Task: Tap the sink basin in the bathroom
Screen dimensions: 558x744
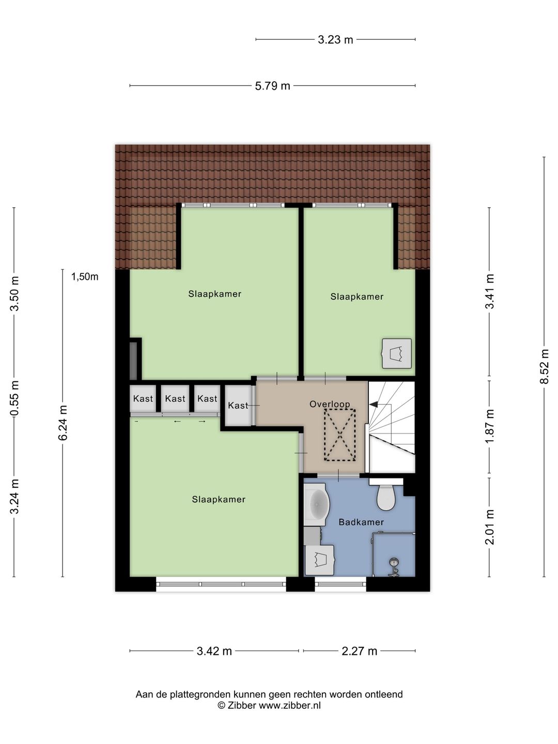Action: (316, 504)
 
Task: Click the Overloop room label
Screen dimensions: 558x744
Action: (330, 404)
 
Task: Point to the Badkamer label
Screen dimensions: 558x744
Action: (361, 522)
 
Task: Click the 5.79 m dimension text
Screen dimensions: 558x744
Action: (272, 86)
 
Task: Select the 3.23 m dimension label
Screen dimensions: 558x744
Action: (335, 40)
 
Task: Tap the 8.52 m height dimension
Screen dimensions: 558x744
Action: (544, 366)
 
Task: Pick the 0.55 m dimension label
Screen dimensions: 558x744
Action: (14, 398)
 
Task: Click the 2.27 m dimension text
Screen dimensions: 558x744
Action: (359, 651)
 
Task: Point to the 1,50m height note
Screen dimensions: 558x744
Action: (85, 277)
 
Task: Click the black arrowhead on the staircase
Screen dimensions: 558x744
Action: (374, 405)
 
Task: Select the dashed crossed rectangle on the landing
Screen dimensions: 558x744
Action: (340, 435)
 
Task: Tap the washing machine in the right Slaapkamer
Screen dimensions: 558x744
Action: (397, 353)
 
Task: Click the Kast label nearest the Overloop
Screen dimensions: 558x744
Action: (238, 406)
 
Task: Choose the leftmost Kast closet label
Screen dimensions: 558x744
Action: (143, 398)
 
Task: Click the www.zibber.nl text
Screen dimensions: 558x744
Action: (290, 705)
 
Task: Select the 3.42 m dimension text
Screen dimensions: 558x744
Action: (214, 651)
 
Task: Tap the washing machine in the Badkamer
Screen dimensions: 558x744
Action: (319, 560)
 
